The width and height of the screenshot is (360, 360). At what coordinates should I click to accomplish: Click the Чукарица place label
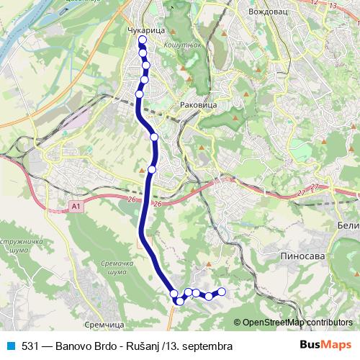point(146,32)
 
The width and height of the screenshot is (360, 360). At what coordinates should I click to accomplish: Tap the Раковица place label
point(199,105)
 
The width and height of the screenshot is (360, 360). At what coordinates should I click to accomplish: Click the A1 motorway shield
point(76,207)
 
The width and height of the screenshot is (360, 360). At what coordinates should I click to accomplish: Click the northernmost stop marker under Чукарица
point(142,41)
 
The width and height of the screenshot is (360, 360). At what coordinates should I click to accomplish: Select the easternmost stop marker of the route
point(222,292)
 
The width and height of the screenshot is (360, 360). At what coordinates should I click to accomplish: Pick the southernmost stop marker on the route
point(179,301)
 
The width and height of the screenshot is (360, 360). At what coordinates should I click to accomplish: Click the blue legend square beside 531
point(11,346)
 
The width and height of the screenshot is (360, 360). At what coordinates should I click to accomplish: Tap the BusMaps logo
point(327,346)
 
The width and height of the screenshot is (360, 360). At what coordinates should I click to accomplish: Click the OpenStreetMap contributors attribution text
point(297,322)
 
